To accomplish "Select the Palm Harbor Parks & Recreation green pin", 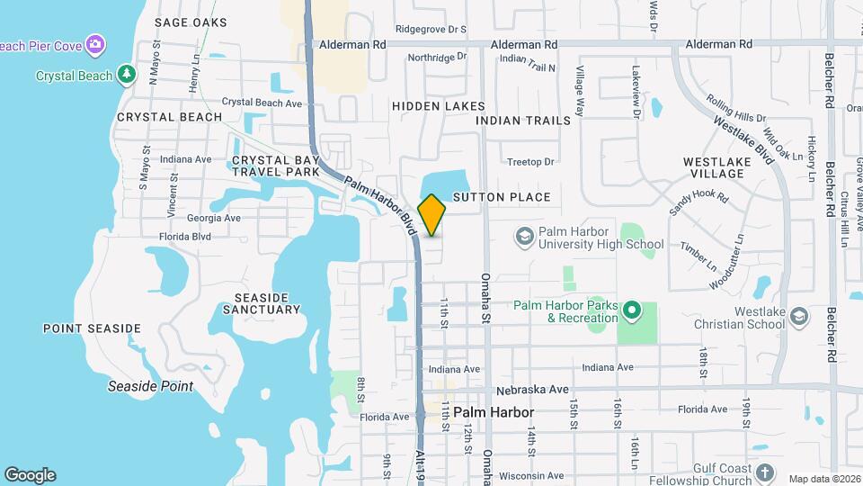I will point(631,310).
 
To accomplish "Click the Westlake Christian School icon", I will point(800,317).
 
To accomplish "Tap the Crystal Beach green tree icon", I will point(128,74).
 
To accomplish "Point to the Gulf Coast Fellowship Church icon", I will point(764,472).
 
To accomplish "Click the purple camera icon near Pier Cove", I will point(95,44).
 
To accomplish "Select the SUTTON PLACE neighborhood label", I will point(501,197).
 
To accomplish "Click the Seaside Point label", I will point(150,386).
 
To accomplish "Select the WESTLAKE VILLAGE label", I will point(716,168).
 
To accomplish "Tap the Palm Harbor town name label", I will point(494,412).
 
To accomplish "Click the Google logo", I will point(30,474).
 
